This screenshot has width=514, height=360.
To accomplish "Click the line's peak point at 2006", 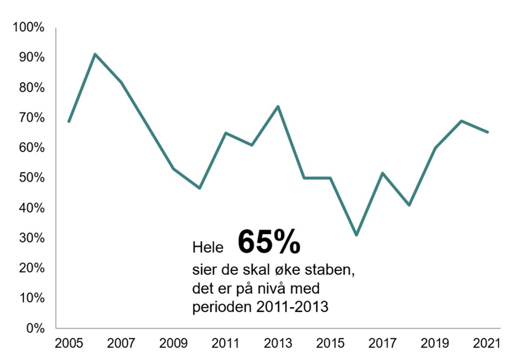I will click(95, 54).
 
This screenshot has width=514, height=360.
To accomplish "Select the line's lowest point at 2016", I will click(357, 235).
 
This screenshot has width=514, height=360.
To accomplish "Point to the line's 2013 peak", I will click(278, 106).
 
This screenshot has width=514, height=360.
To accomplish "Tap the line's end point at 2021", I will click(488, 132).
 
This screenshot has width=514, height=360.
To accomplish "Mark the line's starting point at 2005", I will click(69, 122).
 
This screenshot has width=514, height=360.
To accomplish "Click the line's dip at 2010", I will click(200, 188).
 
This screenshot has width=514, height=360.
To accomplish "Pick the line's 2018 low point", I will click(409, 205).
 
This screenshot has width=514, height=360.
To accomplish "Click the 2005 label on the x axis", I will click(68, 344).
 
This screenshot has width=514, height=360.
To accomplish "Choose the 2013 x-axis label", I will click(278, 344).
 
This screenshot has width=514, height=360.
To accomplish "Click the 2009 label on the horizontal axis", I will click(173, 344).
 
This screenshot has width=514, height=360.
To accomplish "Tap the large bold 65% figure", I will click(268, 242).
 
